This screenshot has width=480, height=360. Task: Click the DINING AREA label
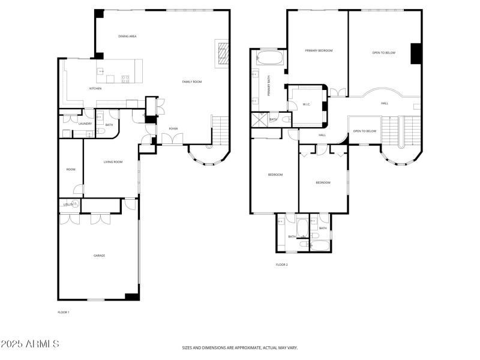coord(128,36)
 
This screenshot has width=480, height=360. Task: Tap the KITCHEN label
coord(95,88)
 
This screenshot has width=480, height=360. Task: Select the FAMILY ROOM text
coord(192,81)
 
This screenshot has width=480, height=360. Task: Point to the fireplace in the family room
coord(222,52)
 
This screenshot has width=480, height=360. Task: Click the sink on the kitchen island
coord(100,71)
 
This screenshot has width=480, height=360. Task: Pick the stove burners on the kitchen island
coord(125,79)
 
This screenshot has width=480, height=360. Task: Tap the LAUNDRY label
coord(85,124)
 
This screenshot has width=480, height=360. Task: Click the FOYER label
coord(173,128)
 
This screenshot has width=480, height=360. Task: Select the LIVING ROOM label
coord(113,161)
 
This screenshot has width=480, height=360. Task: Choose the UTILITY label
coord(68,205)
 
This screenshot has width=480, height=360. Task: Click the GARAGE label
coord(99,256)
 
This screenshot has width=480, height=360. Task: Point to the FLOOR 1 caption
coord(64,312)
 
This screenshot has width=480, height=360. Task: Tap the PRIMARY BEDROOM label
coord(319,50)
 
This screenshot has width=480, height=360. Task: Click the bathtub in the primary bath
coord(270,58)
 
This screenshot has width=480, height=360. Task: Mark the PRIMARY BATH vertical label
coord(268,87)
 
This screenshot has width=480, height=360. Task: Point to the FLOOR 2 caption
coord(282,264)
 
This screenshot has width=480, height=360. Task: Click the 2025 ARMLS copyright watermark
coord(30,344)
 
